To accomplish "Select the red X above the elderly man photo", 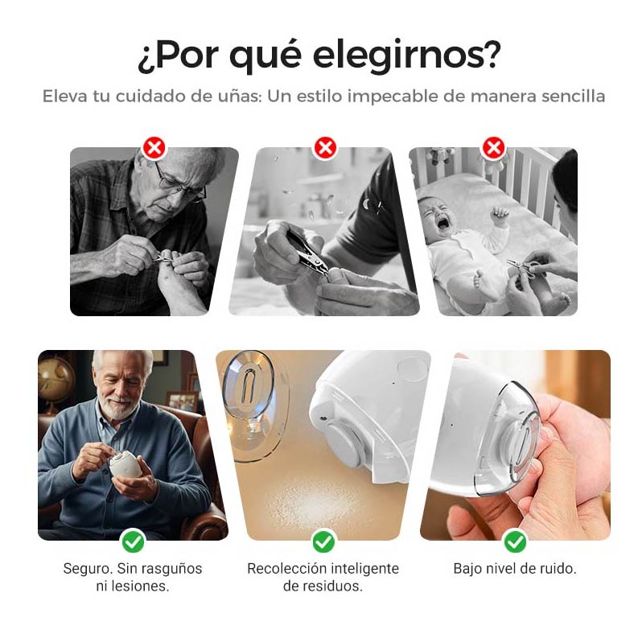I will click(154, 147).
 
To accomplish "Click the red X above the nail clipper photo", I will click(325, 147).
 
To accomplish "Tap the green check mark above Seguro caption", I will click(133, 541).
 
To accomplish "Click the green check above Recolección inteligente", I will click(323, 541).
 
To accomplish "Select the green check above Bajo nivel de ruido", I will click(515, 541).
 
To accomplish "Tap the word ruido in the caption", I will click(558, 569).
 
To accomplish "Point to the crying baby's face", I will click(439, 216).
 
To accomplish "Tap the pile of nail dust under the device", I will click(309, 498).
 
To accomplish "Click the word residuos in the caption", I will click(333, 587).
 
